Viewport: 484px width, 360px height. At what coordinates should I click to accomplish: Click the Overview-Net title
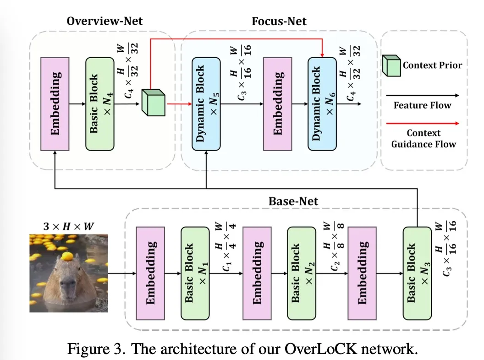(104, 21)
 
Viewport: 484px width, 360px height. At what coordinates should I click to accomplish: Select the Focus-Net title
(279, 21)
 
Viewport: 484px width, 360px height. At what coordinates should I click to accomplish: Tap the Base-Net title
(293, 201)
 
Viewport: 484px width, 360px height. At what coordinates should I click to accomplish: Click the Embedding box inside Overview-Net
(55, 104)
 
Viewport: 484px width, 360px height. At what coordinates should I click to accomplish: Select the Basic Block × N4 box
(100, 104)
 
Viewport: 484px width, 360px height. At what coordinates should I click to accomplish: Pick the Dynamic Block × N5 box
(206, 104)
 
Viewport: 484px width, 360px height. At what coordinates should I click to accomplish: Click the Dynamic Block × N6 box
(322, 104)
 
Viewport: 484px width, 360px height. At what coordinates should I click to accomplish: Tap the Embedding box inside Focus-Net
(277, 104)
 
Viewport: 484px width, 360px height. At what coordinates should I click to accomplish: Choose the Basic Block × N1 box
(195, 273)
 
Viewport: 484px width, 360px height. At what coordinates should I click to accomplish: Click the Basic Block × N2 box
(302, 273)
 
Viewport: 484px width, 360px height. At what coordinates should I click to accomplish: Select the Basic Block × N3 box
(418, 273)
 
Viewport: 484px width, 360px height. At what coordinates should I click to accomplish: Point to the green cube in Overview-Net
(154, 103)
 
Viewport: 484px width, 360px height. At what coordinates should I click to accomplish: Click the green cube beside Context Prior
(391, 65)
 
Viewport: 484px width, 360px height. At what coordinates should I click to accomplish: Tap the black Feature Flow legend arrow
(423, 96)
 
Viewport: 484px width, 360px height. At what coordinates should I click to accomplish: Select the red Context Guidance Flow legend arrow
(423, 123)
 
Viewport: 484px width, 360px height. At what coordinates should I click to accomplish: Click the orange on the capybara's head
(67, 256)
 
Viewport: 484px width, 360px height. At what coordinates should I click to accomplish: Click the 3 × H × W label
(69, 226)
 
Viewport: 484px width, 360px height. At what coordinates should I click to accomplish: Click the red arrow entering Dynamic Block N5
(179, 104)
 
